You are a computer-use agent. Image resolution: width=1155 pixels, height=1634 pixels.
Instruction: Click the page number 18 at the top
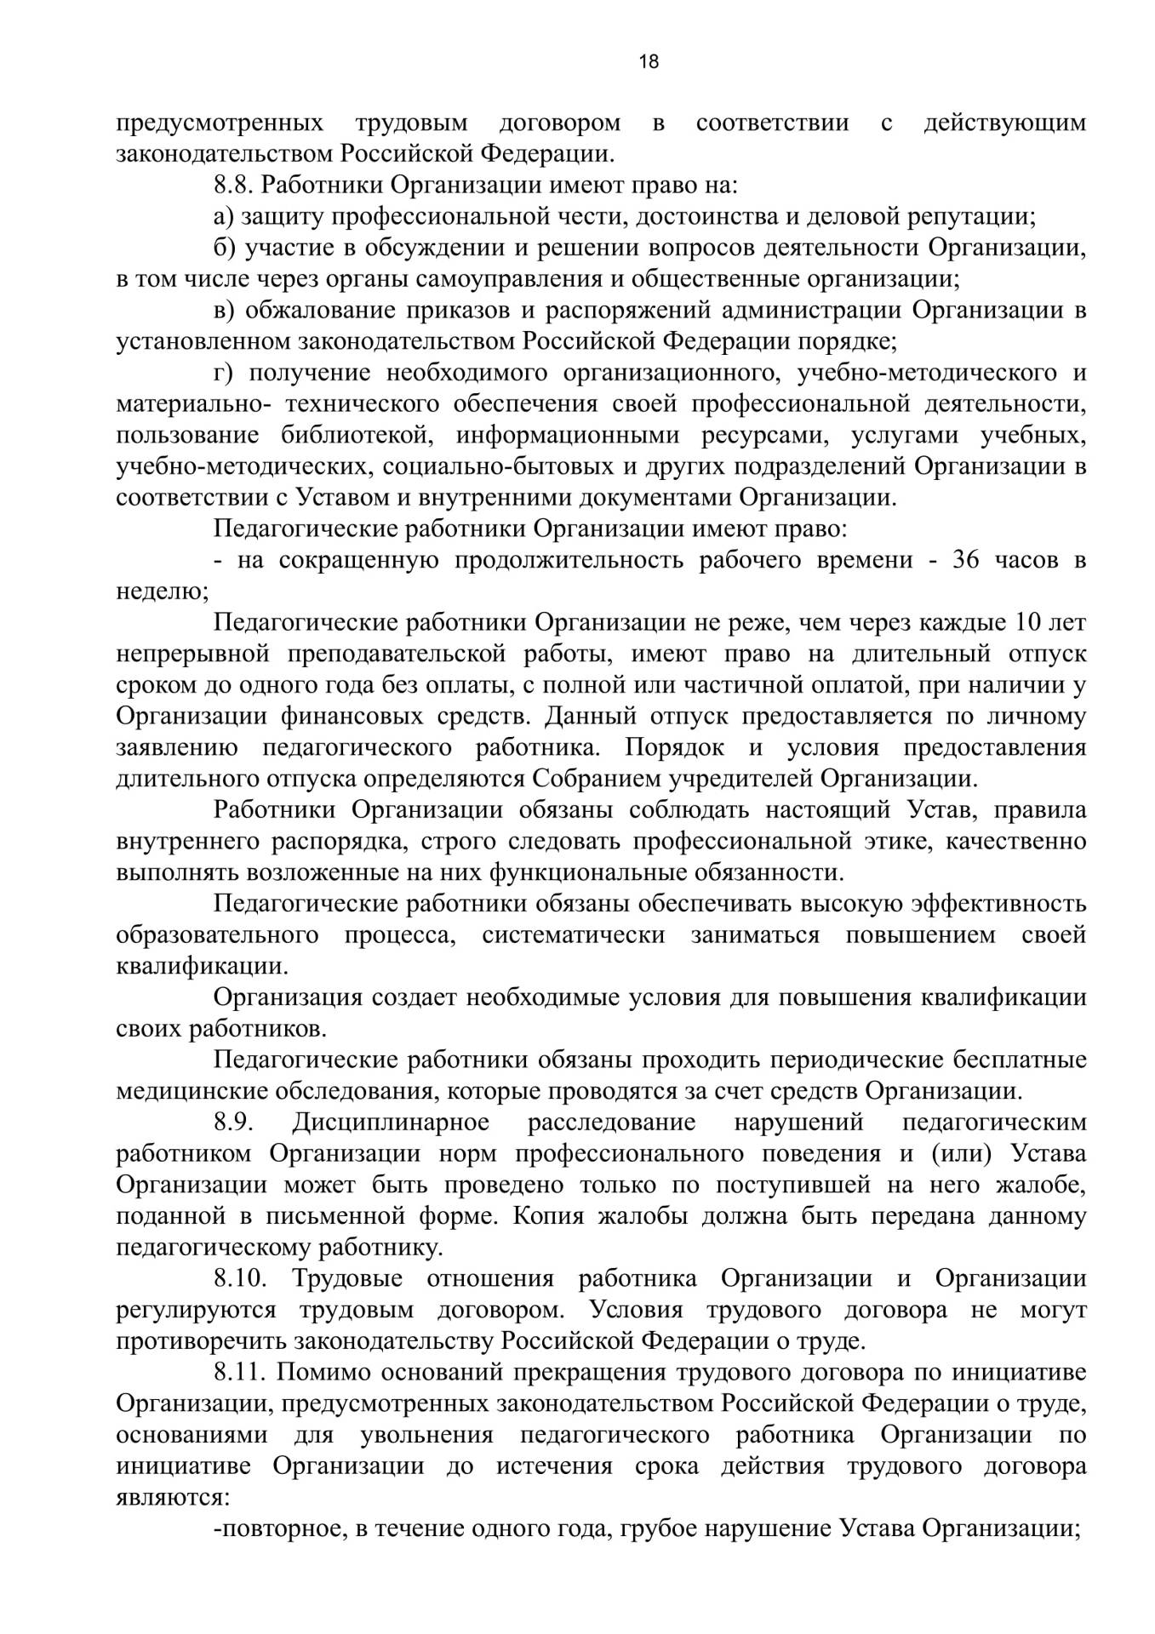649,61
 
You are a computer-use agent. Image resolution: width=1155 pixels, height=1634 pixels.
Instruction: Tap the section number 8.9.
234,1123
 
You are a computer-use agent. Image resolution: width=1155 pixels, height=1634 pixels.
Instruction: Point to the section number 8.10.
240,1279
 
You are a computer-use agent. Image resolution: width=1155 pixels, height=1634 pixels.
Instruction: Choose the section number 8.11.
240,1373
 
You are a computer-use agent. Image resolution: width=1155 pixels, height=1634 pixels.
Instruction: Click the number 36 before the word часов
969,561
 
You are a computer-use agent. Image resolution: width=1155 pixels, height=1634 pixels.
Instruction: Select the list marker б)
224,248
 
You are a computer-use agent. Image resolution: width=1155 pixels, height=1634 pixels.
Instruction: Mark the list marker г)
222,373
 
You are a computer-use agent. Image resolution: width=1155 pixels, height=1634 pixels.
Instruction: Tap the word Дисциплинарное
391,1123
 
